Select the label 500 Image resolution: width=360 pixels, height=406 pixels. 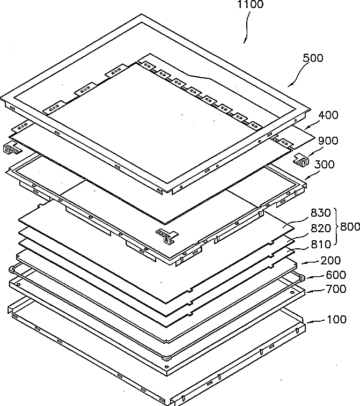tap(313, 58)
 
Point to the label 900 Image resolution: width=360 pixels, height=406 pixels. tap(327, 141)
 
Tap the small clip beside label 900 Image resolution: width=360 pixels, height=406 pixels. tap(303, 160)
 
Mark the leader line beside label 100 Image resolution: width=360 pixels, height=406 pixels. tap(315, 319)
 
